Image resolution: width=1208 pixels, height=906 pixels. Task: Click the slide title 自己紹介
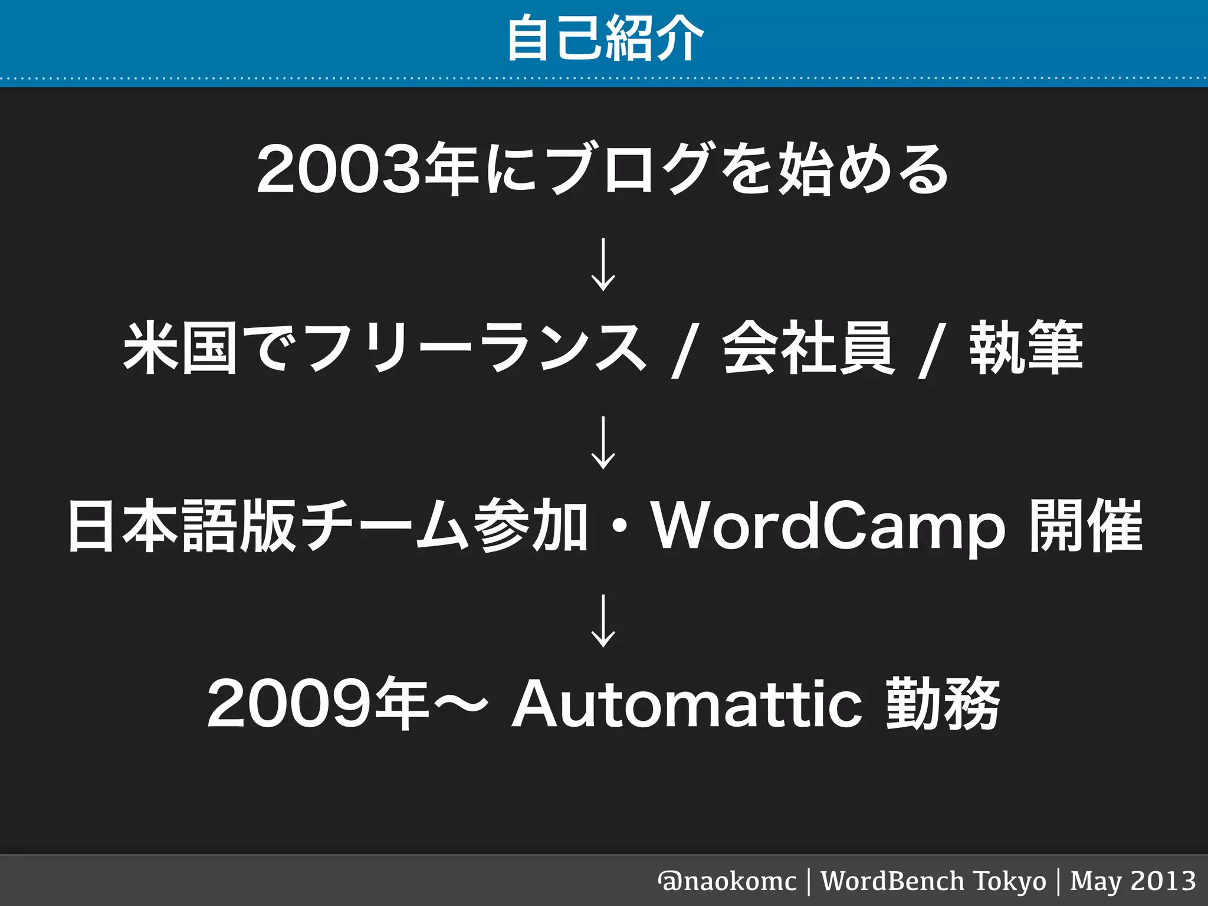click(x=605, y=38)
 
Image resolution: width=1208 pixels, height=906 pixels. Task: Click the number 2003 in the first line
click(x=339, y=171)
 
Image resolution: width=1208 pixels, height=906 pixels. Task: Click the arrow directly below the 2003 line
click(x=603, y=264)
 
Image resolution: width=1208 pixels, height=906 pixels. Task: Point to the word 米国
click(x=180, y=348)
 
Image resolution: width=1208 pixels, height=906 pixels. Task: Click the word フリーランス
click(x=475, y=348)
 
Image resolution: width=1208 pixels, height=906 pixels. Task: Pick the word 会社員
click(x=809, y=348)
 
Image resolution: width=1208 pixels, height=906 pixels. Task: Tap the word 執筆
click(x=1026, y=348)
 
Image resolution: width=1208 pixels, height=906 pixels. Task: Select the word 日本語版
click(x=180, y=526)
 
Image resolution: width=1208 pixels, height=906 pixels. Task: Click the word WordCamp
click(x=828, y=526)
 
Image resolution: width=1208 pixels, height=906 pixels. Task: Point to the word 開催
click(x=1085, y=526)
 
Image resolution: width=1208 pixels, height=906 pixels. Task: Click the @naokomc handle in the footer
click(x=727, y=881)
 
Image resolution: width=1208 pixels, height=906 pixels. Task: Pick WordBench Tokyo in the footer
click(x=933, y=881)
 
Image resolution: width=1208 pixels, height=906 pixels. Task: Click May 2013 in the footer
click(x=1132, y=881)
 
